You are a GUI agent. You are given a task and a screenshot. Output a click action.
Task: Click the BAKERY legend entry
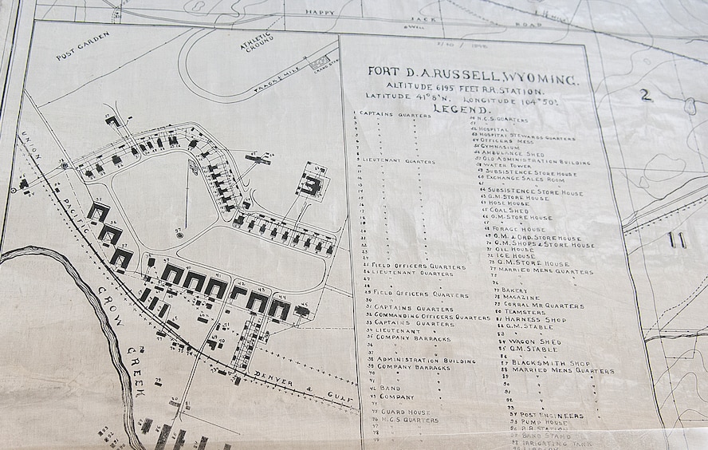coord(514,290)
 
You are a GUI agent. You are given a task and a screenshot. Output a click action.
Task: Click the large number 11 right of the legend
coord(678,240)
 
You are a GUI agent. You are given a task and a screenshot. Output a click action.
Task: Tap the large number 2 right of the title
coord(645,95)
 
